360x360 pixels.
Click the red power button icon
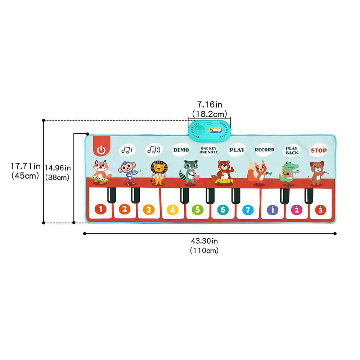pyautogui.click(x=102, y=149)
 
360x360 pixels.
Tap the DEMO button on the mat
pyautogui.click(x=181, y=150)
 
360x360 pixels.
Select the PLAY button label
pyautogui.click(x=237, y=149)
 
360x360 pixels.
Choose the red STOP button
pyautogui.click(x=319, y=150)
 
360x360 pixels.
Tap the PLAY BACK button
pyautogui.click(x=292, y=150)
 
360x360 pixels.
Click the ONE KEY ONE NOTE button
pyautogui.click(x=209, y=150)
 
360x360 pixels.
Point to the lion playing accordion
pyautogui.click(x=159, y=172)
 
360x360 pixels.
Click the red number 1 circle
pyautogui.click(x=100, y=209)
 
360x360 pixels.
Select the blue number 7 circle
pyautogui.click(x=247, y=209)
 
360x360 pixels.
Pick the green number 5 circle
pyautogui.click(x=197, y=209)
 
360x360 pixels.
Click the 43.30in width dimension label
pyautogui.click(x=204, y=241)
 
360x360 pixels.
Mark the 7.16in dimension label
pyautogui.click(x=210, y=104)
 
